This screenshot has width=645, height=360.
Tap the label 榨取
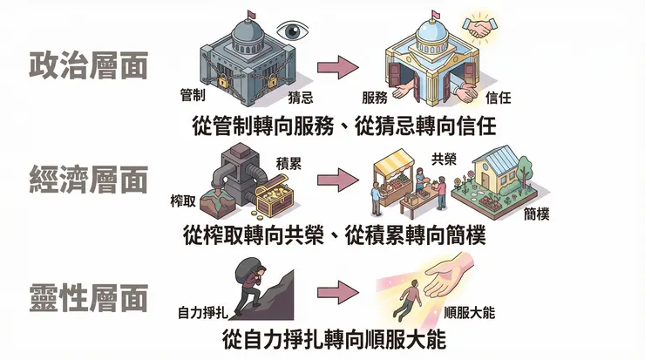coord(183,202)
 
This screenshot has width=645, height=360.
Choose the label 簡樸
coord(540,213)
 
